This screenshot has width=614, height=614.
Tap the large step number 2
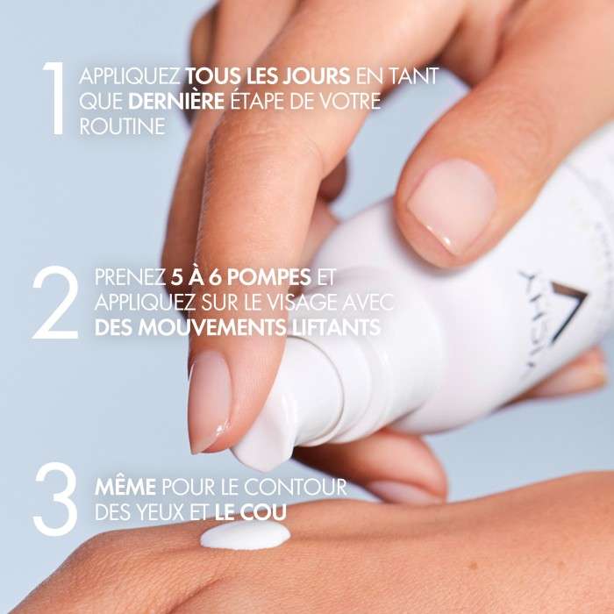tap(54, 304)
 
